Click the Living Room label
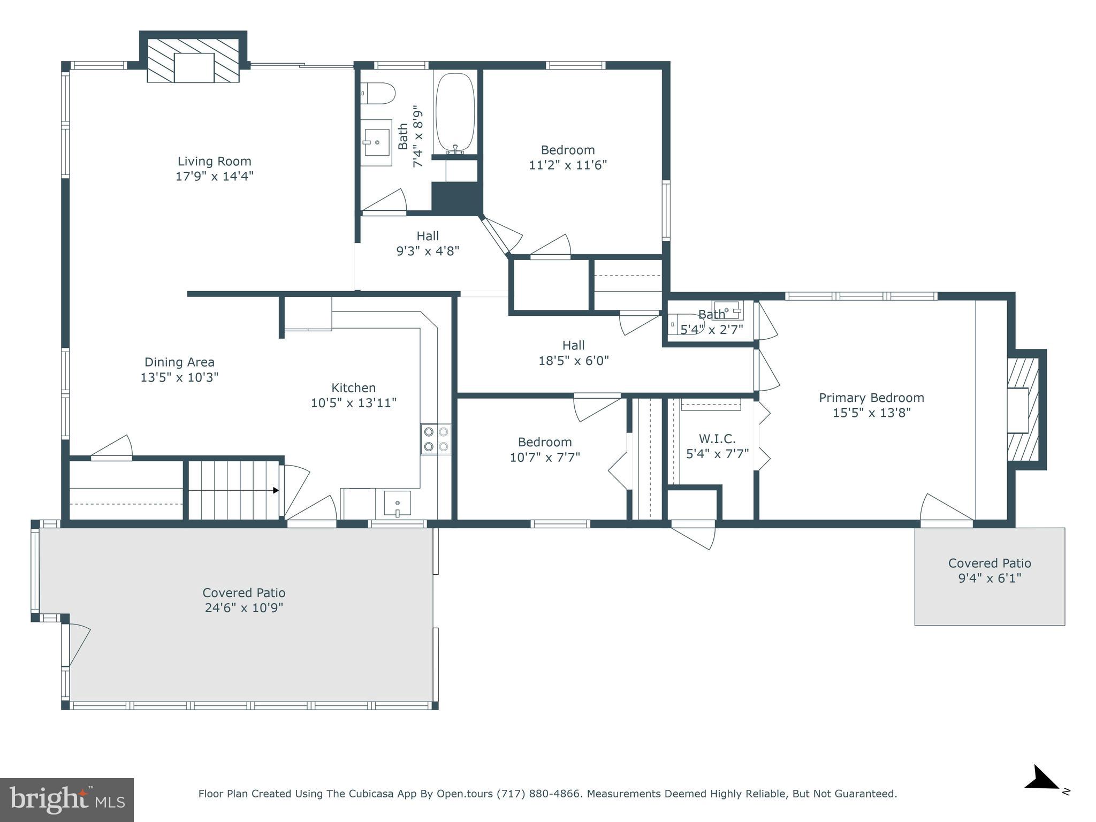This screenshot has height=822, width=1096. coord(214,161)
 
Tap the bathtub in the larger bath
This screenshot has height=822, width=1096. coord(455,112)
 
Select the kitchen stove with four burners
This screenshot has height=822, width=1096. coord(436,439)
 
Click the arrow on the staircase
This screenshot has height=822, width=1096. coord(276,490)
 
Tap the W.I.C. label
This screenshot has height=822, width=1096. coord(717,439)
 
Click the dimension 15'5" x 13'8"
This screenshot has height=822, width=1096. coord(871,413)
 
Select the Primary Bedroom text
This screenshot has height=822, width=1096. coord(871,398)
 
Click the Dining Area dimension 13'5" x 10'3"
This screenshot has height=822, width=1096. coord(179,377)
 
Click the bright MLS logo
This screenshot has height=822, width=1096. coord(67,800)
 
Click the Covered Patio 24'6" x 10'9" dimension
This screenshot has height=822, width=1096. coord(243,608)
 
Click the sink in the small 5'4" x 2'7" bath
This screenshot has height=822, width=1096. coord(728,310)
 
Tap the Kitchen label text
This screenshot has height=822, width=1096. coord(353,387)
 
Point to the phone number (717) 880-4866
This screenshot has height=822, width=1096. coord(538,794)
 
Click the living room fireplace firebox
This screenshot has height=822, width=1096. coord(194,68)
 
